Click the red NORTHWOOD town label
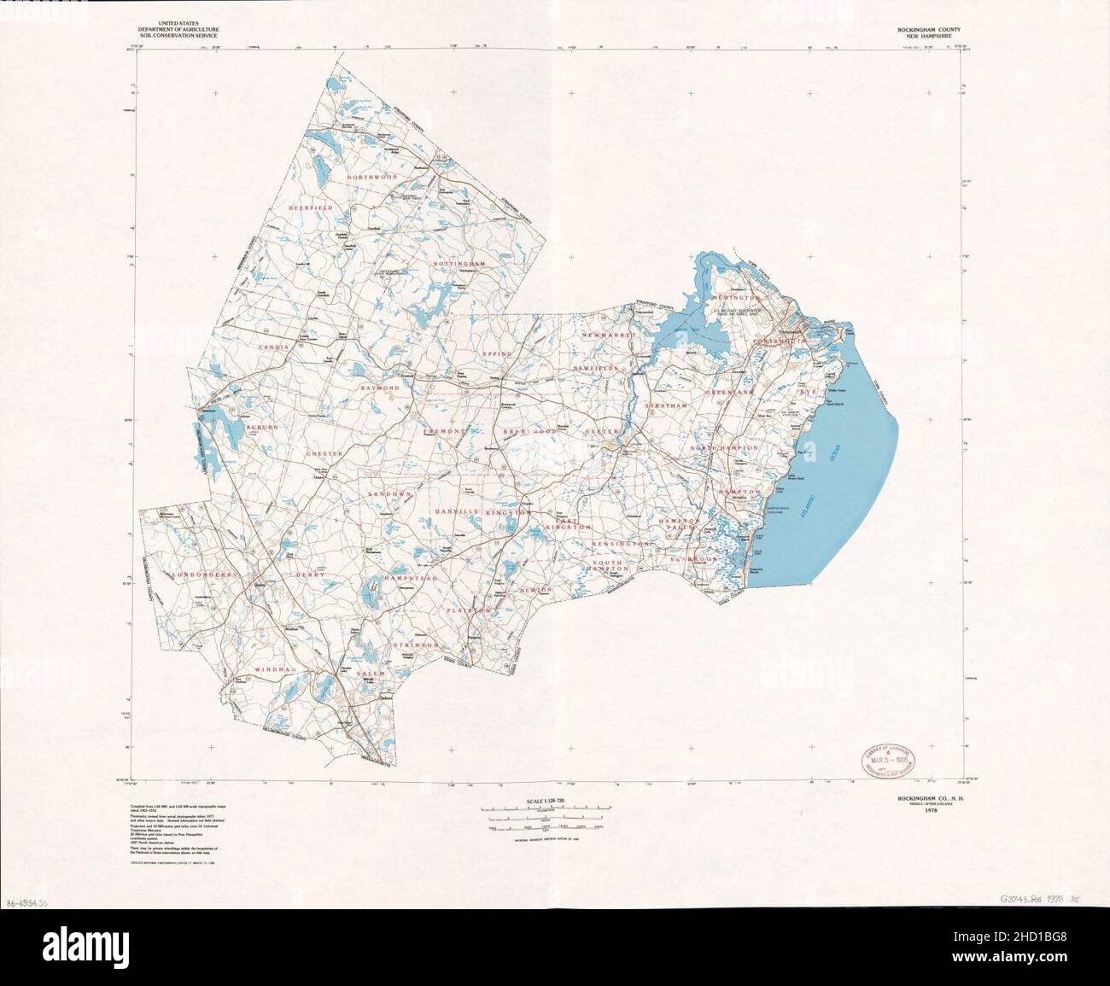click(373, 177)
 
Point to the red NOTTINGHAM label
click(459, 265)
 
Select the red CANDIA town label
click(277, 348)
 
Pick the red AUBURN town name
click(262, 425)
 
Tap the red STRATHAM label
click(666, 405)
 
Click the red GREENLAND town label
click(728, 392)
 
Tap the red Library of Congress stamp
click(886, 756)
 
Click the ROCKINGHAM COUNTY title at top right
click(933, 31)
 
